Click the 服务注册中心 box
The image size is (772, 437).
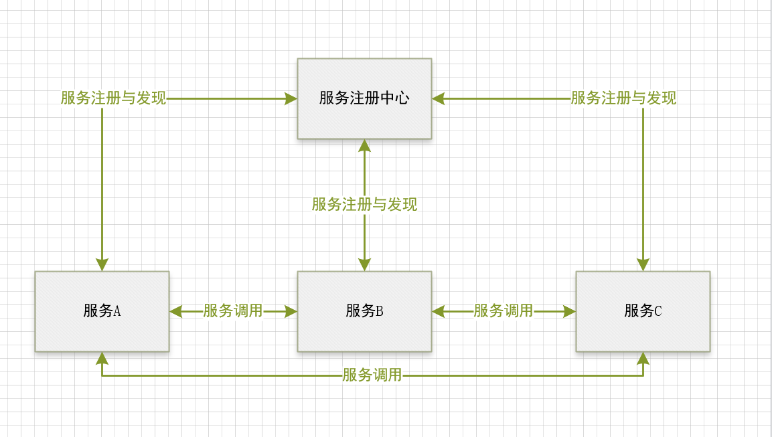(364, 98)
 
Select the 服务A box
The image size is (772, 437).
(102, 311)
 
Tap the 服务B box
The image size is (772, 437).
(364, 311)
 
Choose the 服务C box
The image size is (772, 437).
(643, 311)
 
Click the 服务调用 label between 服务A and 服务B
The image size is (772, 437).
(233, 311)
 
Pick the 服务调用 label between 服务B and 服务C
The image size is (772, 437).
(504, 311)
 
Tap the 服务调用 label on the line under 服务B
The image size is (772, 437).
(372, 375)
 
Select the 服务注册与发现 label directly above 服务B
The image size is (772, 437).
(364, 204)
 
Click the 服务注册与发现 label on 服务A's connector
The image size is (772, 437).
(113, 98)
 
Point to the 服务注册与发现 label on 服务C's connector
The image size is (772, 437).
(623, 98)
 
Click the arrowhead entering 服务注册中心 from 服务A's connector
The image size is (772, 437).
(291, 99)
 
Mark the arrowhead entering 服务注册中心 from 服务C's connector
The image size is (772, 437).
(438, 99)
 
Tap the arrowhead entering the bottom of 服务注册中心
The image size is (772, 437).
(364, 145)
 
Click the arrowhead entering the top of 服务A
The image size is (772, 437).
(102, 265)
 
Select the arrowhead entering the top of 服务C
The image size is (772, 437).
(643, 265)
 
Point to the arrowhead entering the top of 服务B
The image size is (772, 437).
(364, 265)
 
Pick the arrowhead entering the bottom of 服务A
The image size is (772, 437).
(102, 358)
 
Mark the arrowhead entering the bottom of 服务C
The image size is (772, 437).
(643, 358)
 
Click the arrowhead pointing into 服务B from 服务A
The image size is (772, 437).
(291, 311)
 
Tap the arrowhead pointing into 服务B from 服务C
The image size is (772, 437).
(438, 311)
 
